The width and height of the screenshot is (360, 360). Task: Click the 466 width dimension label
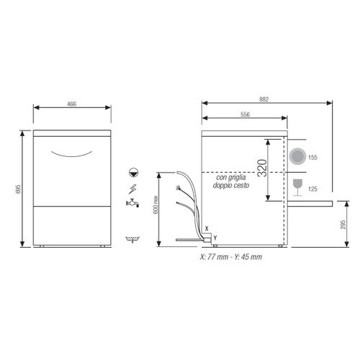pos(72,104)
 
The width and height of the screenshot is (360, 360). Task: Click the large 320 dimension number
pos(263,170)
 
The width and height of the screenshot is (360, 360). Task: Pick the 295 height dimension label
pos(344,225)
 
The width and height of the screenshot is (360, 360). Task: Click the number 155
pos(313,157)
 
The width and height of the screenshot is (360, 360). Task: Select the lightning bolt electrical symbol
pos(132,189)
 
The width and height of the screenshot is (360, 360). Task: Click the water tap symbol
pos(131,204)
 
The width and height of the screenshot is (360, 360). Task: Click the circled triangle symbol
pos(132,172)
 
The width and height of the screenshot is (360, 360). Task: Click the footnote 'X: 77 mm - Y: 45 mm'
pos(231,256)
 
